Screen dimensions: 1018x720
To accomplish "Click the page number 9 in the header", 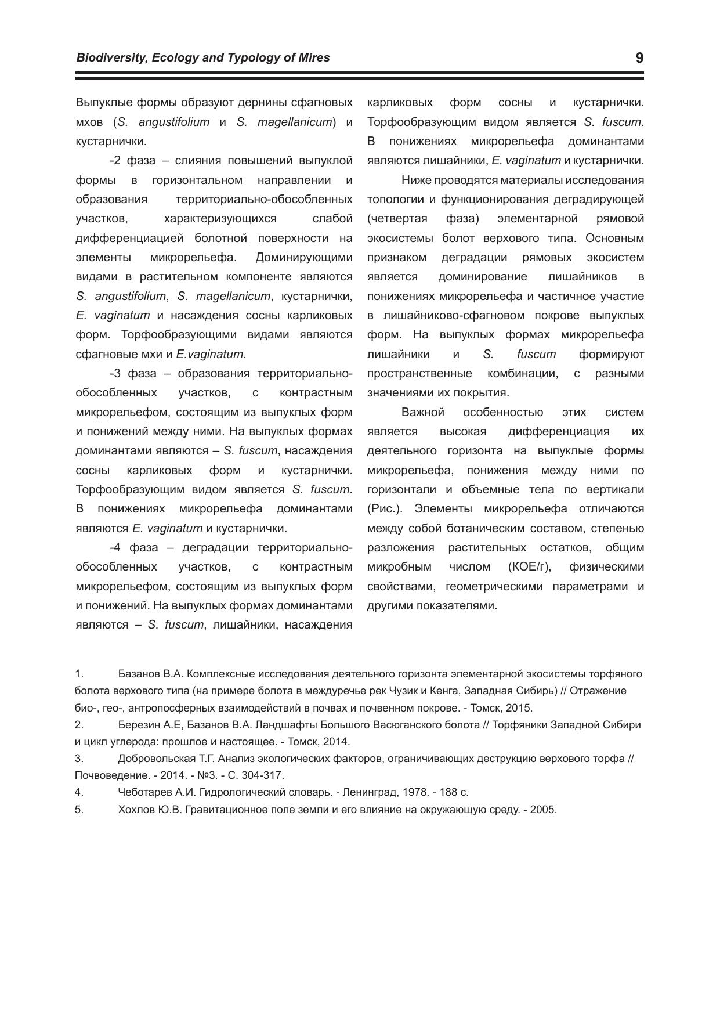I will tap(639, 58).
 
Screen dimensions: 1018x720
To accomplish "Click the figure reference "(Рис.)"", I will tap(385, 509).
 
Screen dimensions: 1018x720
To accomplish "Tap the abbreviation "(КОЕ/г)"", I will tap(529, 567).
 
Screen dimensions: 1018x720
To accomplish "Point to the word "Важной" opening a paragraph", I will tap(423, 413).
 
